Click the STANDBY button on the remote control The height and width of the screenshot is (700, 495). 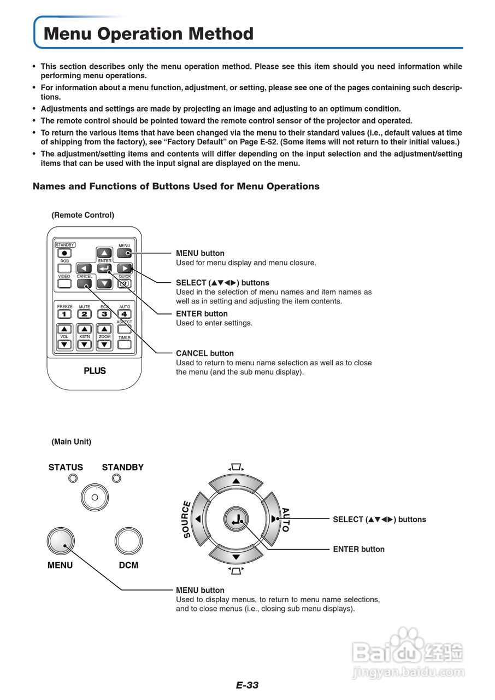coord(64,253)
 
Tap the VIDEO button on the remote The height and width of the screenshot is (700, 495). coord(64,284)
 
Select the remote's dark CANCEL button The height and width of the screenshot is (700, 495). coord(85,284)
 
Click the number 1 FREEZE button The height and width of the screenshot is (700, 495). coord(64,314)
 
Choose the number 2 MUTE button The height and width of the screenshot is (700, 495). coord(84,314)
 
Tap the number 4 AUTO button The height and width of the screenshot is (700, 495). coord(125,314)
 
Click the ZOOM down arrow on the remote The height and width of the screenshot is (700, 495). coord(104,345)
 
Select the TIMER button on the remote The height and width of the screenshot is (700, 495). coord(125,345)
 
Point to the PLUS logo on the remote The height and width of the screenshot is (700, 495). coord(95,371)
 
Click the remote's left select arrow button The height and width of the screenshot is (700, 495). coord(84,268)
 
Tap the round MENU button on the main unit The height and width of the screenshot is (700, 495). coord(60,541)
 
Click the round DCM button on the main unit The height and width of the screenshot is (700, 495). coord(128,541)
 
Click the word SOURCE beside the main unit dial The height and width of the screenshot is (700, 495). coord(186,520)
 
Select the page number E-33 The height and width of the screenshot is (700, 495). coord(247,685)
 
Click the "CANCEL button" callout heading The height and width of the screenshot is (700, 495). coord(204,353)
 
